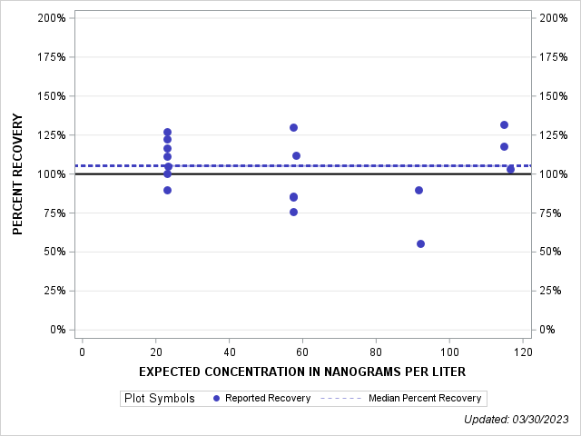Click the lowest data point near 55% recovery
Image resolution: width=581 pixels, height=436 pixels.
click(x=420, y=243)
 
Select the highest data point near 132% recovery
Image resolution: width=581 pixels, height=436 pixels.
click(x=504, y=124)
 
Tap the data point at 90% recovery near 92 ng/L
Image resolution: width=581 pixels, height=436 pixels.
click(x=419, y=190)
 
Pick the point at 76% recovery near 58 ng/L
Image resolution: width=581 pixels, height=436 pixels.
click(x=293, y=212)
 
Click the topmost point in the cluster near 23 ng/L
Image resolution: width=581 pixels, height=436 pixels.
click(x=167, y=132)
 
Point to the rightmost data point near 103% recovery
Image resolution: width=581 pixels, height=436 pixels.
click(x=510, y=169)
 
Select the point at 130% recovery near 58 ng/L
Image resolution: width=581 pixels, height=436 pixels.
click(x=293, y=127)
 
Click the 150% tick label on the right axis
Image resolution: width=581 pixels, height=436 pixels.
click(x=554, y=96)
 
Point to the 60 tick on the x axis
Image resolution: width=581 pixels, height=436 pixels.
click(x=302, y=352)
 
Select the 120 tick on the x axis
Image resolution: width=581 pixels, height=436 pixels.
click(x=522, y=352)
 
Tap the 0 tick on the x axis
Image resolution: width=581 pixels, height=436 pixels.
click(x=82, y=352)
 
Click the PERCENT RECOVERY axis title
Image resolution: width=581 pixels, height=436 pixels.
click(x=18, y=174)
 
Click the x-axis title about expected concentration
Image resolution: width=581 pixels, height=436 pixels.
click(x=302, y=372)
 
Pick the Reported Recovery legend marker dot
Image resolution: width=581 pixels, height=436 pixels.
click(x=216, y=398)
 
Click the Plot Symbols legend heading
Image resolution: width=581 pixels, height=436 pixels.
click(x=160, y=398)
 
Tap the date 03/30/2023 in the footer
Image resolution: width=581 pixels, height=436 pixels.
click(x=543, y=419)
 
